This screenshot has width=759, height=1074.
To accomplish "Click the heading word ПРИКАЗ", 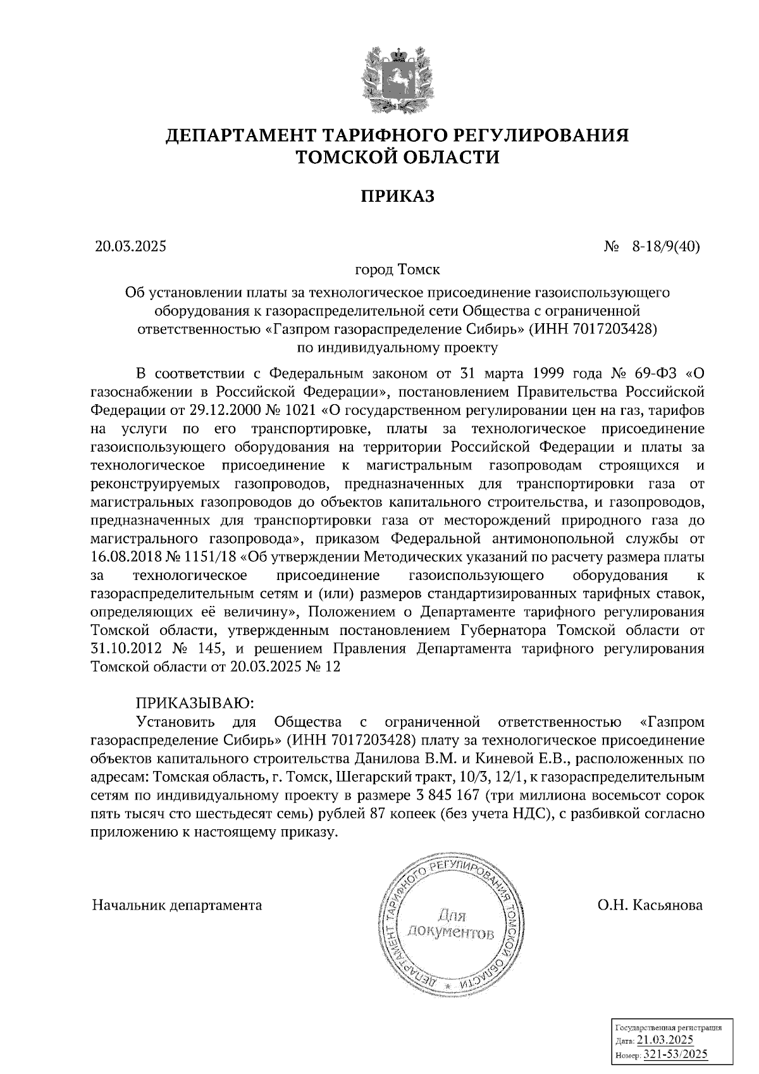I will point(398,197).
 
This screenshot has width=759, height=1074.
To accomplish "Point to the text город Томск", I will point(397,270).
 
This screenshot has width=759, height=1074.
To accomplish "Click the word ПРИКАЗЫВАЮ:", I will point(194,703).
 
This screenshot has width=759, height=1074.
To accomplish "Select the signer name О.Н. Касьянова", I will point(650,905).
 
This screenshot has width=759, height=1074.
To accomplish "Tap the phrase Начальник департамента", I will point(177,905).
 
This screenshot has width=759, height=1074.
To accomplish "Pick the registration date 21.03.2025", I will point(665,1040).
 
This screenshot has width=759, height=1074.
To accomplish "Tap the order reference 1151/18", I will point(208,558).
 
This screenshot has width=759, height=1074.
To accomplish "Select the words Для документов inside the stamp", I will point(451,924).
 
